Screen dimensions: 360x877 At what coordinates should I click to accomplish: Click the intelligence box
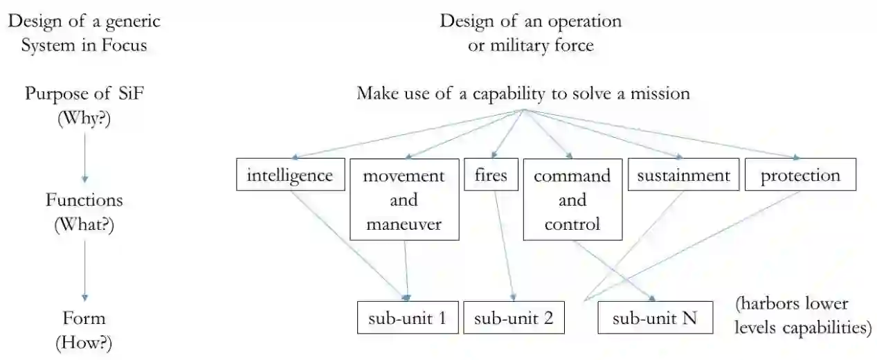[290, 175]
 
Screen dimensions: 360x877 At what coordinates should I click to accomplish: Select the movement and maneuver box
[404, 199]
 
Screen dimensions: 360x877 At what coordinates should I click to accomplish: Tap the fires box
[491, 175]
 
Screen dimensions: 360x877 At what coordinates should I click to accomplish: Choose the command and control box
[572, 199]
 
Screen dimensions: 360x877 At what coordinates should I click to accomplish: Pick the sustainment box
[683, 175]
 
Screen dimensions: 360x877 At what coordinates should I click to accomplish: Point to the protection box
[800, 175]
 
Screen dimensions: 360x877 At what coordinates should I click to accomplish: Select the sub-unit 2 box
[514, 318]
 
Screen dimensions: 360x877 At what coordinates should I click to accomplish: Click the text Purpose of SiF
[84, 94]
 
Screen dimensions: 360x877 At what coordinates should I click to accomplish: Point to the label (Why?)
[84, 118]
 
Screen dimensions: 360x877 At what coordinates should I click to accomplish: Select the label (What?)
[84, 224]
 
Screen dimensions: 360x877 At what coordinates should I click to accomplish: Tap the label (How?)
[84, 343]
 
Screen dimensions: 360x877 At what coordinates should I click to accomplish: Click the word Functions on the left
[84, 201]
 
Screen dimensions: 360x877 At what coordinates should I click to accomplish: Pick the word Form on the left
[84, 318]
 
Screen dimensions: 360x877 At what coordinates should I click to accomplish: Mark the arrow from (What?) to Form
[84, 266]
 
